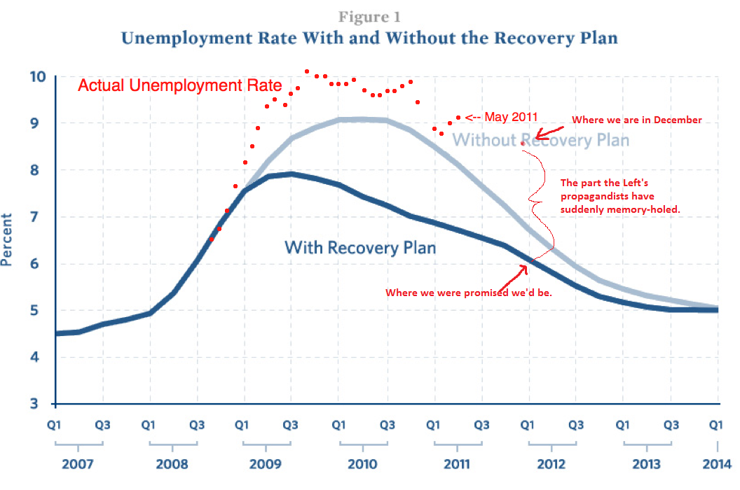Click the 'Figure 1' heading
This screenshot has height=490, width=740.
(x=369, y=16)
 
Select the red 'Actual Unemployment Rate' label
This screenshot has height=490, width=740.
(x=179, y=86)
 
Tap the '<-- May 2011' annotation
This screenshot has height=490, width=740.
(x=499, y=117)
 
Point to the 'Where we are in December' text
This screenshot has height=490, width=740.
(x=636, y=120)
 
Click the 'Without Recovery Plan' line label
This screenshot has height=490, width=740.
(x=540, y=140)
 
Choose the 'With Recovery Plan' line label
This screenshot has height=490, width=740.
(x=360, y=247)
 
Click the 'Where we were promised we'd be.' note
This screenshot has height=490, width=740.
(x=469, y=293)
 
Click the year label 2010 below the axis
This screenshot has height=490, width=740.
(x=362, y=463)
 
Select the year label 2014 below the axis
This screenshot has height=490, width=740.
(x=718, y=463)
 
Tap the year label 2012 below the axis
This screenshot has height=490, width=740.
(x=551, y=463)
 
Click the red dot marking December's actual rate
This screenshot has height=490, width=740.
(x=523, y=143)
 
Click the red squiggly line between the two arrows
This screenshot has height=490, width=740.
(x=540, y=196)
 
